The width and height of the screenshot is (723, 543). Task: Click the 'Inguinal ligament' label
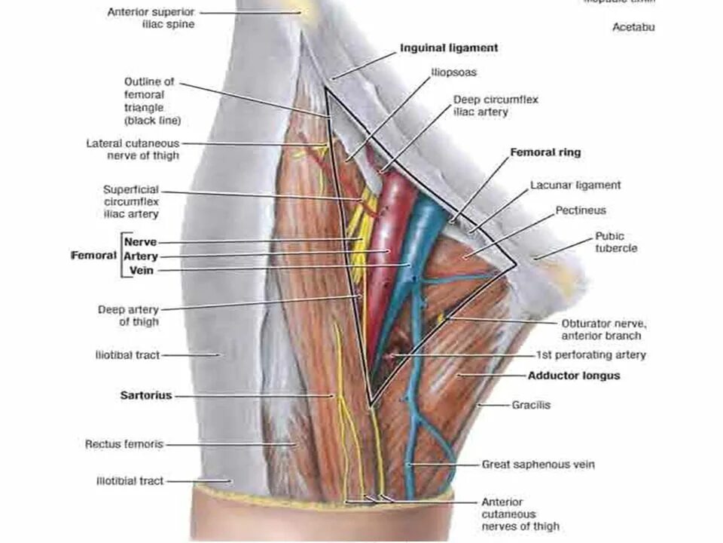(x=448, y=48)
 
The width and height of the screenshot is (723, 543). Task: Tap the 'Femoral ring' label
(x=545, y=152)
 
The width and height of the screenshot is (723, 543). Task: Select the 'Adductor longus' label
(x=573, y=375)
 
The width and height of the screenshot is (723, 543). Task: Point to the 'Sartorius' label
(x=146, y=395)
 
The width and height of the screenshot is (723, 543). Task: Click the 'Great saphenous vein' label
(x=538, y=465)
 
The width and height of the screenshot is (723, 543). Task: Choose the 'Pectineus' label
(x=581, y=210)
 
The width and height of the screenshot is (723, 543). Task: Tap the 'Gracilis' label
(x=531, y=405)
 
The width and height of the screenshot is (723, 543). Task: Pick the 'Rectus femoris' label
(x=124, y=444)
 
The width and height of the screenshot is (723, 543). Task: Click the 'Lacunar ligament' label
(x=575, y=185)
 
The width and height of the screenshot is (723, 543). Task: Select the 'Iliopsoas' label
(x=453, y=73)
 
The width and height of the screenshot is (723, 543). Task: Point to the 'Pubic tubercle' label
(x=616, y=242)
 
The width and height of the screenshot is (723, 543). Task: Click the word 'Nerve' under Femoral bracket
(x=140, y=242)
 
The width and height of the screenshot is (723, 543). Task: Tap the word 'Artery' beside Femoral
(x=141, y=256)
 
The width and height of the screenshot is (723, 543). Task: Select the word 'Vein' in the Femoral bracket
(x=142, y=271)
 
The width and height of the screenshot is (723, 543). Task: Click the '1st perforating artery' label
(x=590, y=354)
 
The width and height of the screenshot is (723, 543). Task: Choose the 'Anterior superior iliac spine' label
(x=151, y=18)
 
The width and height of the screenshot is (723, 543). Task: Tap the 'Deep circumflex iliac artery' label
(x=496, y=106)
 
